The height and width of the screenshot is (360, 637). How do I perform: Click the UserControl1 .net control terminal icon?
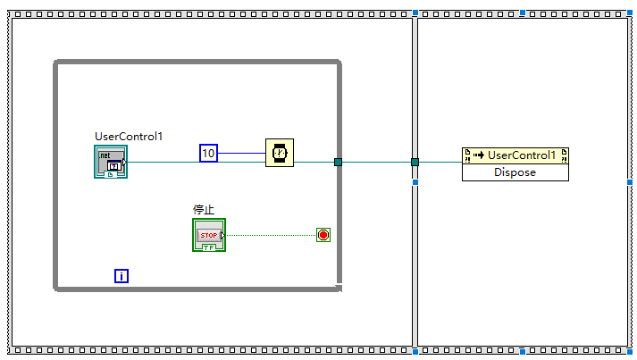(111, 162)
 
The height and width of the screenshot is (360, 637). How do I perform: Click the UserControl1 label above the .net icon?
(130, 137)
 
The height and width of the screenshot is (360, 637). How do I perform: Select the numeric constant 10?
(208, 154)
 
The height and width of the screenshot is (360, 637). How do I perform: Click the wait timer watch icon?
(280, 153)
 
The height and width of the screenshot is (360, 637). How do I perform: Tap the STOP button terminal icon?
(209, 235)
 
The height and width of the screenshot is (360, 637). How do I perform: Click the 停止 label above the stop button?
(204, 210)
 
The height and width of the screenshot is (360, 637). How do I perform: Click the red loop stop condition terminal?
(323, 235)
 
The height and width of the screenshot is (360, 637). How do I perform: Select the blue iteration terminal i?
(122, 276)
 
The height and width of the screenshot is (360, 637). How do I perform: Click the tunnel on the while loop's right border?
(339, 162)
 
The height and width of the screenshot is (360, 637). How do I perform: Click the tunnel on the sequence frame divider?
(415, 162)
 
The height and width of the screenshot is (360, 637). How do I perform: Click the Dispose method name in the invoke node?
(515, 172)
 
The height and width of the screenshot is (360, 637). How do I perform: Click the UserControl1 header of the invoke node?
(522, 155)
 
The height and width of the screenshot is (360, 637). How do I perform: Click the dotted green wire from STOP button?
(268, 235)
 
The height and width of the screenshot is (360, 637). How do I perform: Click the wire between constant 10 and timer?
(241, 154)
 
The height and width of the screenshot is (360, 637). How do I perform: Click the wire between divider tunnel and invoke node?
(438, 162)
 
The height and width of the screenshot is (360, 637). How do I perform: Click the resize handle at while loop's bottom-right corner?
(339, 287)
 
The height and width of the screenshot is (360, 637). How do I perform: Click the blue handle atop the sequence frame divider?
(415, 13)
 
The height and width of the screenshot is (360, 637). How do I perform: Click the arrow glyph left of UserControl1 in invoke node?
(478, 155)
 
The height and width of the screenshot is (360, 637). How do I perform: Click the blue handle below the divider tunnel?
(415, 182)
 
